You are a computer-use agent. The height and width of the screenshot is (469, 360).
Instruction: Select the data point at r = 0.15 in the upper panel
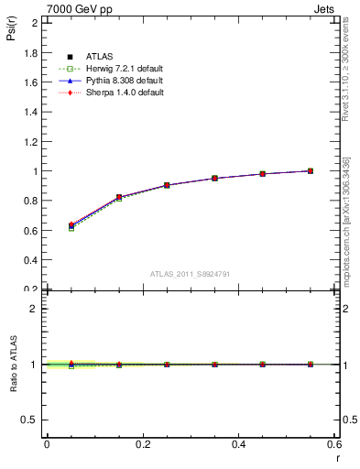[x=119, y=198]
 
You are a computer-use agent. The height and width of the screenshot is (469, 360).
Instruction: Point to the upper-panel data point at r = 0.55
[x=311, y=170]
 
